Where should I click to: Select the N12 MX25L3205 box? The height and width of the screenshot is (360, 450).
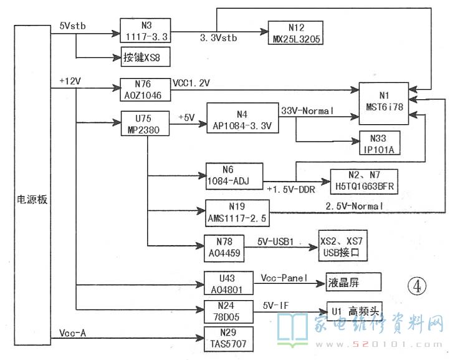click(295, 32)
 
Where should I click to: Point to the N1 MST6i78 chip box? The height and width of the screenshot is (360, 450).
click(382, 100)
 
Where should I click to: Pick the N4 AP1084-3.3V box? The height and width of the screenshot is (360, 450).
click(242, 119)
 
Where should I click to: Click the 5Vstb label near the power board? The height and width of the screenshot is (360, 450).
click(73, 26)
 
